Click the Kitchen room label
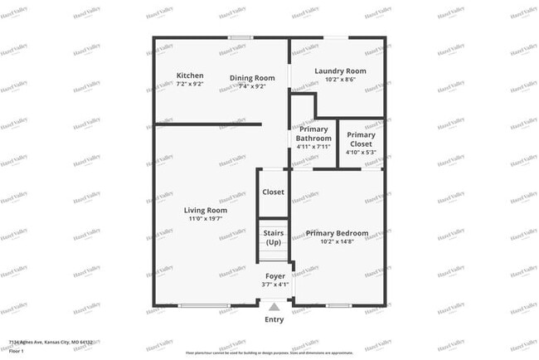[190, 75]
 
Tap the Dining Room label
[252, 78]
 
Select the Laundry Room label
[340, 71]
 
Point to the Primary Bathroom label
[314, 134]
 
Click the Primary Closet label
[361, 139]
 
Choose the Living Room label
[206, 210]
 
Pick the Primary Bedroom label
[337, 233]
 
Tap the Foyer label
[275, 275]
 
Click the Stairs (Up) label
[274, 237]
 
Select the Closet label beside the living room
[273, 192]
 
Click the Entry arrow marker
[274, 306]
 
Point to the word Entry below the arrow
[274, 319]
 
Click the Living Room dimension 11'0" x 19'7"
[206, 219]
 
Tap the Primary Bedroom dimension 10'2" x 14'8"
[337, 242]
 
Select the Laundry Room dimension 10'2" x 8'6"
[340, 80]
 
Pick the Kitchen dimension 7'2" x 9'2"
[190, 85]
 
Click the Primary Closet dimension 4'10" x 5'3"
[361, 152]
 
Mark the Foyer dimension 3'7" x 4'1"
[275, 285]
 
